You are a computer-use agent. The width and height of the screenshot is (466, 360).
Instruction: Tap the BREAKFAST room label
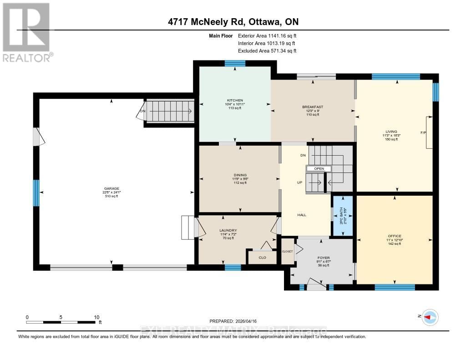312,107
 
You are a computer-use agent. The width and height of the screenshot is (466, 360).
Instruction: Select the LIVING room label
391,132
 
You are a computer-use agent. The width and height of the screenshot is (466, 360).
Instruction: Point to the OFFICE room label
394,236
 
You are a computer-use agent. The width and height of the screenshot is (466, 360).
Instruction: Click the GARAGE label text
111,188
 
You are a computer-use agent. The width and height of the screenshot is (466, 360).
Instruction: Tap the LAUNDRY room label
228,231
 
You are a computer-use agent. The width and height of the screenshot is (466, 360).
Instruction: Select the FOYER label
324,258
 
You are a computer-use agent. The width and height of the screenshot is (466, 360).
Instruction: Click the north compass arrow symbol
430,317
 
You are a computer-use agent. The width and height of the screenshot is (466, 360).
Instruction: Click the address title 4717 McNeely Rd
233,22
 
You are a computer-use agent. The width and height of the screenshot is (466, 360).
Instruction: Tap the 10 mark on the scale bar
96,317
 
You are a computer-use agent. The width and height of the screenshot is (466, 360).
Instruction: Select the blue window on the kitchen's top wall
235,64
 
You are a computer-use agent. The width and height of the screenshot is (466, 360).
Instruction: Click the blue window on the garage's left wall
36,193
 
